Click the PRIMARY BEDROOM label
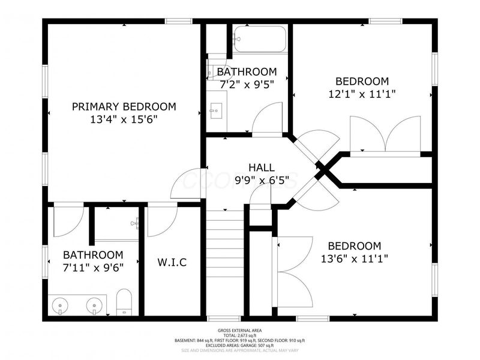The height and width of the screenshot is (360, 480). [124, 107]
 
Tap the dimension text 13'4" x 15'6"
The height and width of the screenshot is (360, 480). [124, 119]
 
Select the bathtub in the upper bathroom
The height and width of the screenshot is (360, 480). [260, 39]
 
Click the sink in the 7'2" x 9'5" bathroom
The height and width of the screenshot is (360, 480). [217, 111]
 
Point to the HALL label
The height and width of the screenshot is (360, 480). [262, 167]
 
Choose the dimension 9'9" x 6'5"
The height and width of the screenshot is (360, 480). [262, 179]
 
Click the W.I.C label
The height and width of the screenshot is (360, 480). [172, 263]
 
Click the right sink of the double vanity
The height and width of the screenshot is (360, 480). [94, 305]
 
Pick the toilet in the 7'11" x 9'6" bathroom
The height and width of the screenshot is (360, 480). [124, 302]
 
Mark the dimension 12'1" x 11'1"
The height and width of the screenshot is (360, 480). [362, 94]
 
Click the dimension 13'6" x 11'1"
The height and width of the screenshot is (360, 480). [354, 259]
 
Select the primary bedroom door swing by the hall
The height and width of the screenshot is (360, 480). [187, 184]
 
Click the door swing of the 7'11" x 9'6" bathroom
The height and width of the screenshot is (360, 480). [68, 221]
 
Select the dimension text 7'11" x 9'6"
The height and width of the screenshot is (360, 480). [85, 267]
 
